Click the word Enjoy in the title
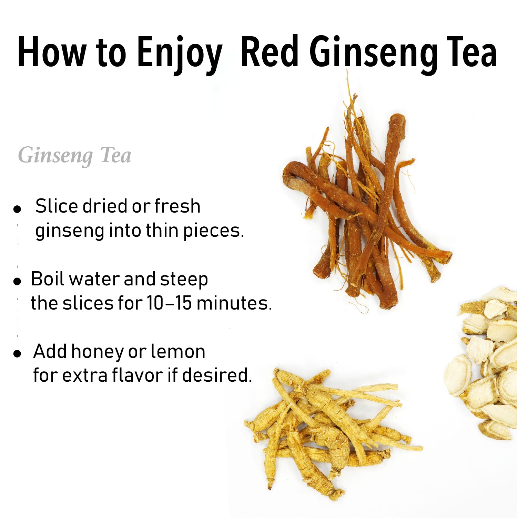coord(179,53)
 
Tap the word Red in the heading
coord(270,52)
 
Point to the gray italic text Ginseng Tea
coord(75,156)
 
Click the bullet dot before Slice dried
coord(17,209)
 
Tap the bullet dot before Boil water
coord(17,281)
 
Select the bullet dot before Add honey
coord(17,353)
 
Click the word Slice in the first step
coord(57,206)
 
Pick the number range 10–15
coord(169,303)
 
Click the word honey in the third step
coord(97,352)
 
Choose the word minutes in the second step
coord(234,303)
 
